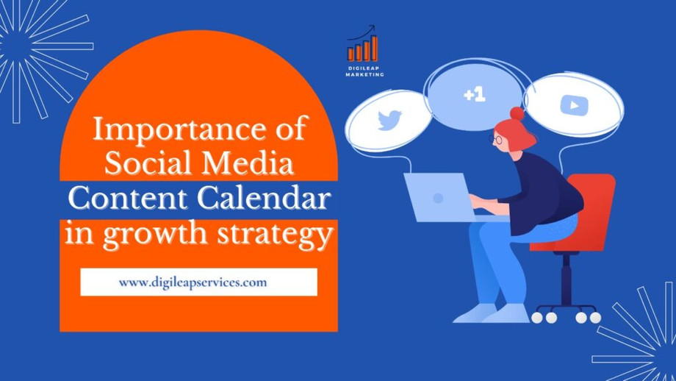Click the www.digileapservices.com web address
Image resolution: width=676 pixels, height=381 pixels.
click(x=193, y=282)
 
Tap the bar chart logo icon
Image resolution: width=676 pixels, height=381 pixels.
click(x=362, y=43)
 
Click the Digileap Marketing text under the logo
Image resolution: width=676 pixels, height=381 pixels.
click(x=364, y=71)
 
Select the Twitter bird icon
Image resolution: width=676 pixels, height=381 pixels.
click(x=389, y=121)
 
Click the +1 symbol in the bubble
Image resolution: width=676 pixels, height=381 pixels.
click(x=475, y=95)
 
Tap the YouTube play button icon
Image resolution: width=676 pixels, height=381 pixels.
click(x=575, y=105)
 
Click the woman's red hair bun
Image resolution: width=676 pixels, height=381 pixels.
click(x=517, y=113)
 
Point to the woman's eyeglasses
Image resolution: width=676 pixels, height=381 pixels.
click(x=496, y=139)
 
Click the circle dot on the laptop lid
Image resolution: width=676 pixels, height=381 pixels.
click(x=438, y=198)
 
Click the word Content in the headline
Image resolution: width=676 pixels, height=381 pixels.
click(x=128, y=199)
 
